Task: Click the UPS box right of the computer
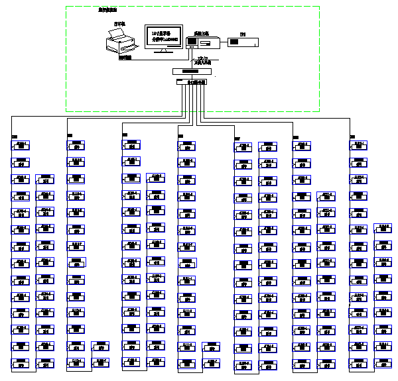point(243,42)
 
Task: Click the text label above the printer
point(119,24)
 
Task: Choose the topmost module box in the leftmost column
point(21,144)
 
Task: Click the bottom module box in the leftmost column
point(21,363)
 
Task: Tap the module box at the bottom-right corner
point(383,363)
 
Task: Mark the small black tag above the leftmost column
point(15,136)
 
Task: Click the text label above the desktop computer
point(201,32)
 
